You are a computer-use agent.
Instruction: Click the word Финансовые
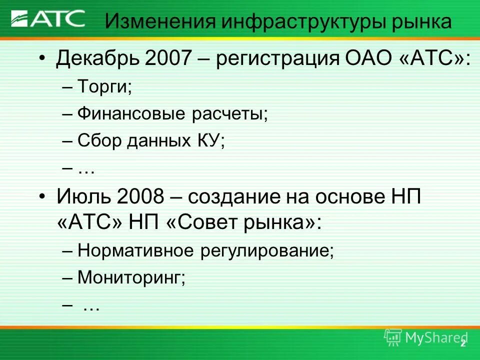pyautogui.click(x=131, y=114)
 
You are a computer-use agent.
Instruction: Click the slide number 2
pyautogui.click(x=463, y=343)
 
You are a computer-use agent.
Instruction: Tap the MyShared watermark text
pyautogui.click(x=433, y=338)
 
